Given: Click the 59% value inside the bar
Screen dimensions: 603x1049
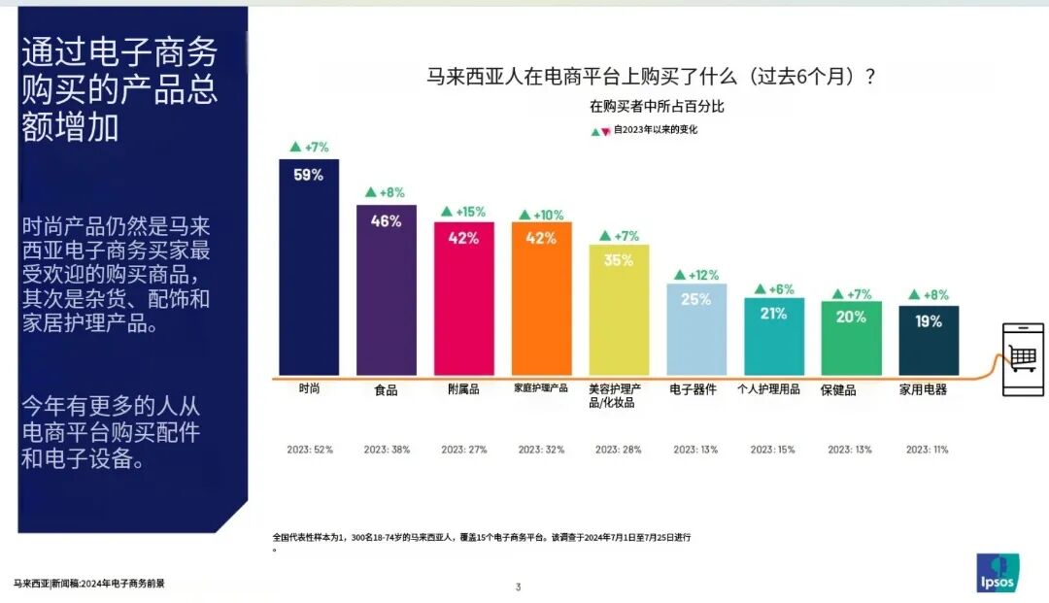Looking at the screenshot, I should [x=309, y=175].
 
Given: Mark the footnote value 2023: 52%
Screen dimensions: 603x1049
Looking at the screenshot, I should [x=310, y=450].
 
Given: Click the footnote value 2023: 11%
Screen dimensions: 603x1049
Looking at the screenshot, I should [x=928, y=450].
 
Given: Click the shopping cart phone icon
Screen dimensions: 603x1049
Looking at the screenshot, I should [x=1023, y=359].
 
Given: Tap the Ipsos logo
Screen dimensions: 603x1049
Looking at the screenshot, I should [x=998, y=572].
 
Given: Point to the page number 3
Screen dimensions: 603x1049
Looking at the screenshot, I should [x=519, y=586].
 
